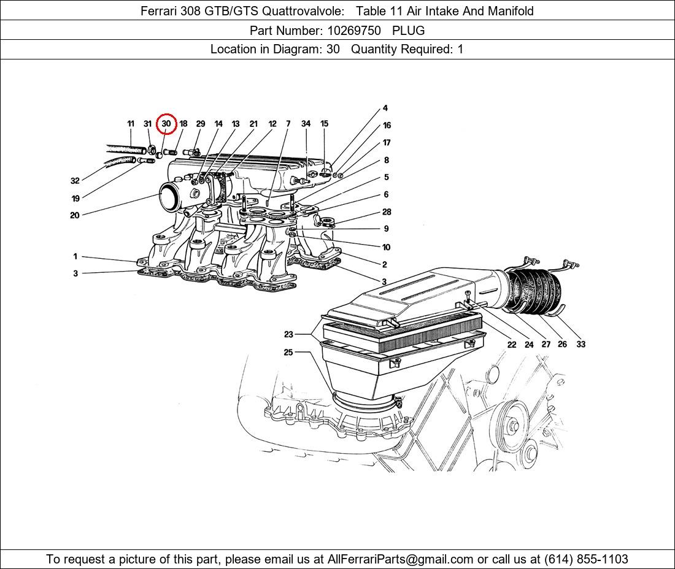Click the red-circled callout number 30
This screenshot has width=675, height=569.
(x=166, y=124)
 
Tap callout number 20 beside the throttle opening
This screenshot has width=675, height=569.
(x=75, y=215)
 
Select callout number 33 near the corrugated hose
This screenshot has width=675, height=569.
(x=580, y=345)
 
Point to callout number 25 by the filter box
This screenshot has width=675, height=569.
(x=288, y=353)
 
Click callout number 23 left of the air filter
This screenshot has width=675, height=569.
(x=288, y=335)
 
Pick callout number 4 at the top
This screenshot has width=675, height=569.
(x=385, y=109)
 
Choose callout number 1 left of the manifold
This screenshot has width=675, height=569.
(x=75, y=257)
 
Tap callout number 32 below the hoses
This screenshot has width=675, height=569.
(x=75, y=181)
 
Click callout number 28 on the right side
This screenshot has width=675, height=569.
(x=387, y=212)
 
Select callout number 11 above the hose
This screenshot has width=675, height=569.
(x=131, y=124)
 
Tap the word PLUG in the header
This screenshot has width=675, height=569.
(x=408, y=30)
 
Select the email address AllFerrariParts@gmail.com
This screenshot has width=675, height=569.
(x=401, y=559)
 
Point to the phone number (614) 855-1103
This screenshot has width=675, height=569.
(x=585, y=559)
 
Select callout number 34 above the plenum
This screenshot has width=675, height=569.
(x=306, y=124)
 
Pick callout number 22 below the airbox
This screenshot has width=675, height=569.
(x=512, y=345)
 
